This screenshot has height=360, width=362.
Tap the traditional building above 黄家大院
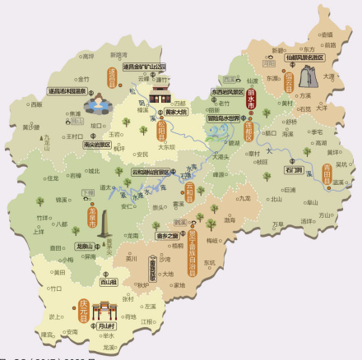pos(160,86)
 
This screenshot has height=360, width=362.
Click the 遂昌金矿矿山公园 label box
pos(144,66)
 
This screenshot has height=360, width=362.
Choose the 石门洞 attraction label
pos(294,169)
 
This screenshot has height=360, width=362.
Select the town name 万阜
pos(277,224)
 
